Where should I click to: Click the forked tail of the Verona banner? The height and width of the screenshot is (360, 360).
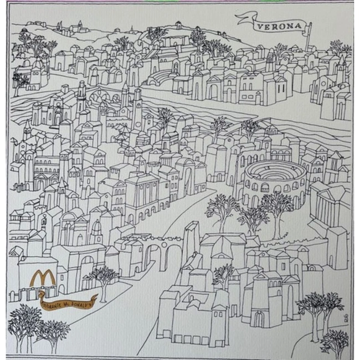point(240,20)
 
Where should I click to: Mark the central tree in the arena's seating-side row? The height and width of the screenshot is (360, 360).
point(253,216)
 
